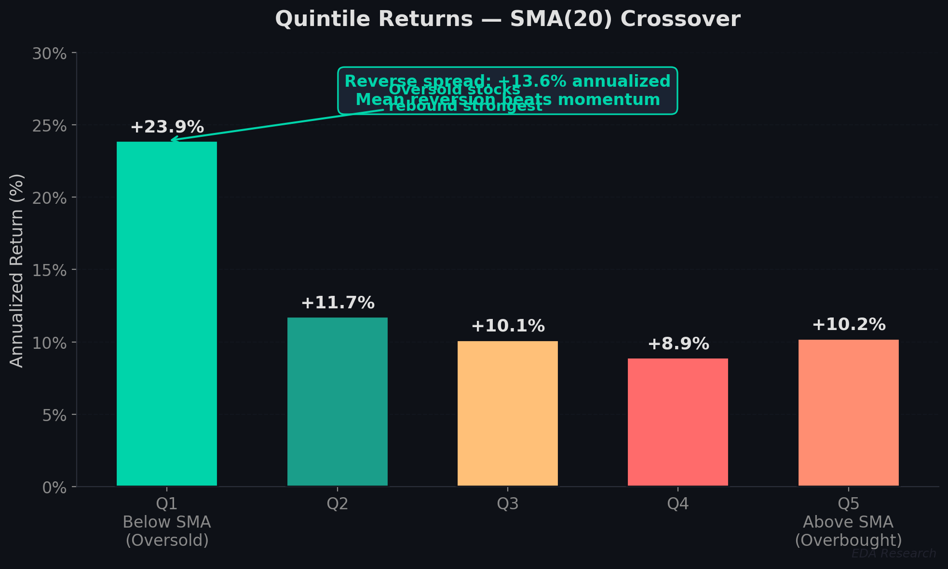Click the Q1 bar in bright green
(x=167, y=313)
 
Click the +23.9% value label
(x=167, y=127)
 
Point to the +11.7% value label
(x=338, y=303)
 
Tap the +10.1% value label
(x=508, y=326)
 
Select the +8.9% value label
(x=678, y=344)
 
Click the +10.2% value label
(x=849, y=325)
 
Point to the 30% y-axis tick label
(x=49, y=53)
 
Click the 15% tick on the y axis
(x=49, y=270)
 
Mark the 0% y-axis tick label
(x=54, y=488)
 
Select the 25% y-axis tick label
(x=49, y=126)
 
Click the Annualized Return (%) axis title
(x=17, y=270)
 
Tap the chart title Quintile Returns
(x=507, y=19)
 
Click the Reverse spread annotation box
(x=507, y=91)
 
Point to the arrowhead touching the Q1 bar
(x=173, y=140)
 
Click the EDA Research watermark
(x=894, y=554)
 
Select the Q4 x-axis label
(x=678, y=504)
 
